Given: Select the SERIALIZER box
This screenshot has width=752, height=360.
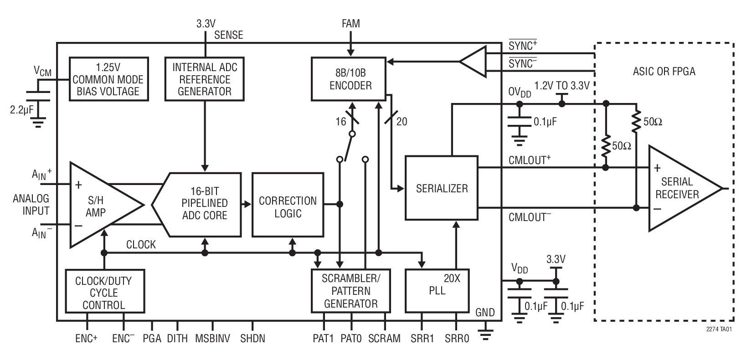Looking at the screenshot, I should [x=441, y=188].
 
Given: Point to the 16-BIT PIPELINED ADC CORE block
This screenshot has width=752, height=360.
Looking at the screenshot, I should [x=203, y=204].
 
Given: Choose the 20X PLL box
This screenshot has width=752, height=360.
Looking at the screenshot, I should [x=437, y=290].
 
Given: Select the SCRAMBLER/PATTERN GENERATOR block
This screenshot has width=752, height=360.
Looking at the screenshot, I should [x=350, y=290].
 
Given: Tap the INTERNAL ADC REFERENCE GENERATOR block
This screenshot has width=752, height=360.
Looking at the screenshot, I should [x=205, y=79].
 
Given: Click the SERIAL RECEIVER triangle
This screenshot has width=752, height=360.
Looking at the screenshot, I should [x=679, y=188].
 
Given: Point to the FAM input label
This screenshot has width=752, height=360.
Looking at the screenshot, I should [x=350, y=23].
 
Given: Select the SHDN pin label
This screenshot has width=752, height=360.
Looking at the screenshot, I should [x=252, y=339].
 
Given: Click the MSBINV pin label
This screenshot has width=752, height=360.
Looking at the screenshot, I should [x=212, y=339].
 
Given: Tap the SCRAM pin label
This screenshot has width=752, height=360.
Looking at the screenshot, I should [x=384, y=339].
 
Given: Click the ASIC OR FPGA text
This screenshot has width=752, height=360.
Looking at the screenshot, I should [x=664, y=72].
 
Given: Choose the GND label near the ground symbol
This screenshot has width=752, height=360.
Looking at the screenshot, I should [x=484, y=313].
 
